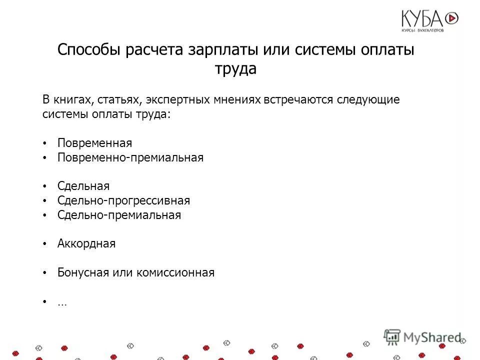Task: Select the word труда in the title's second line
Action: click(x=236, y=69)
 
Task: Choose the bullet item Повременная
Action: click(x=94, y=143)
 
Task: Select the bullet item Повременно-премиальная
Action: click(x=130, y=157)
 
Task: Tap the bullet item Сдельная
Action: click(x=83, y=186)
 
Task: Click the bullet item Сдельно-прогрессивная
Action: click(x=123, y=200)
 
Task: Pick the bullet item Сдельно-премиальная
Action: click(x=119, y=215)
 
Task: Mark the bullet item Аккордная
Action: click(x=86, y=244)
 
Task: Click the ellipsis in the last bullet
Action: click(x=61, y=302)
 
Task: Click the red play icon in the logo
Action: click(x=451, y=18)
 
